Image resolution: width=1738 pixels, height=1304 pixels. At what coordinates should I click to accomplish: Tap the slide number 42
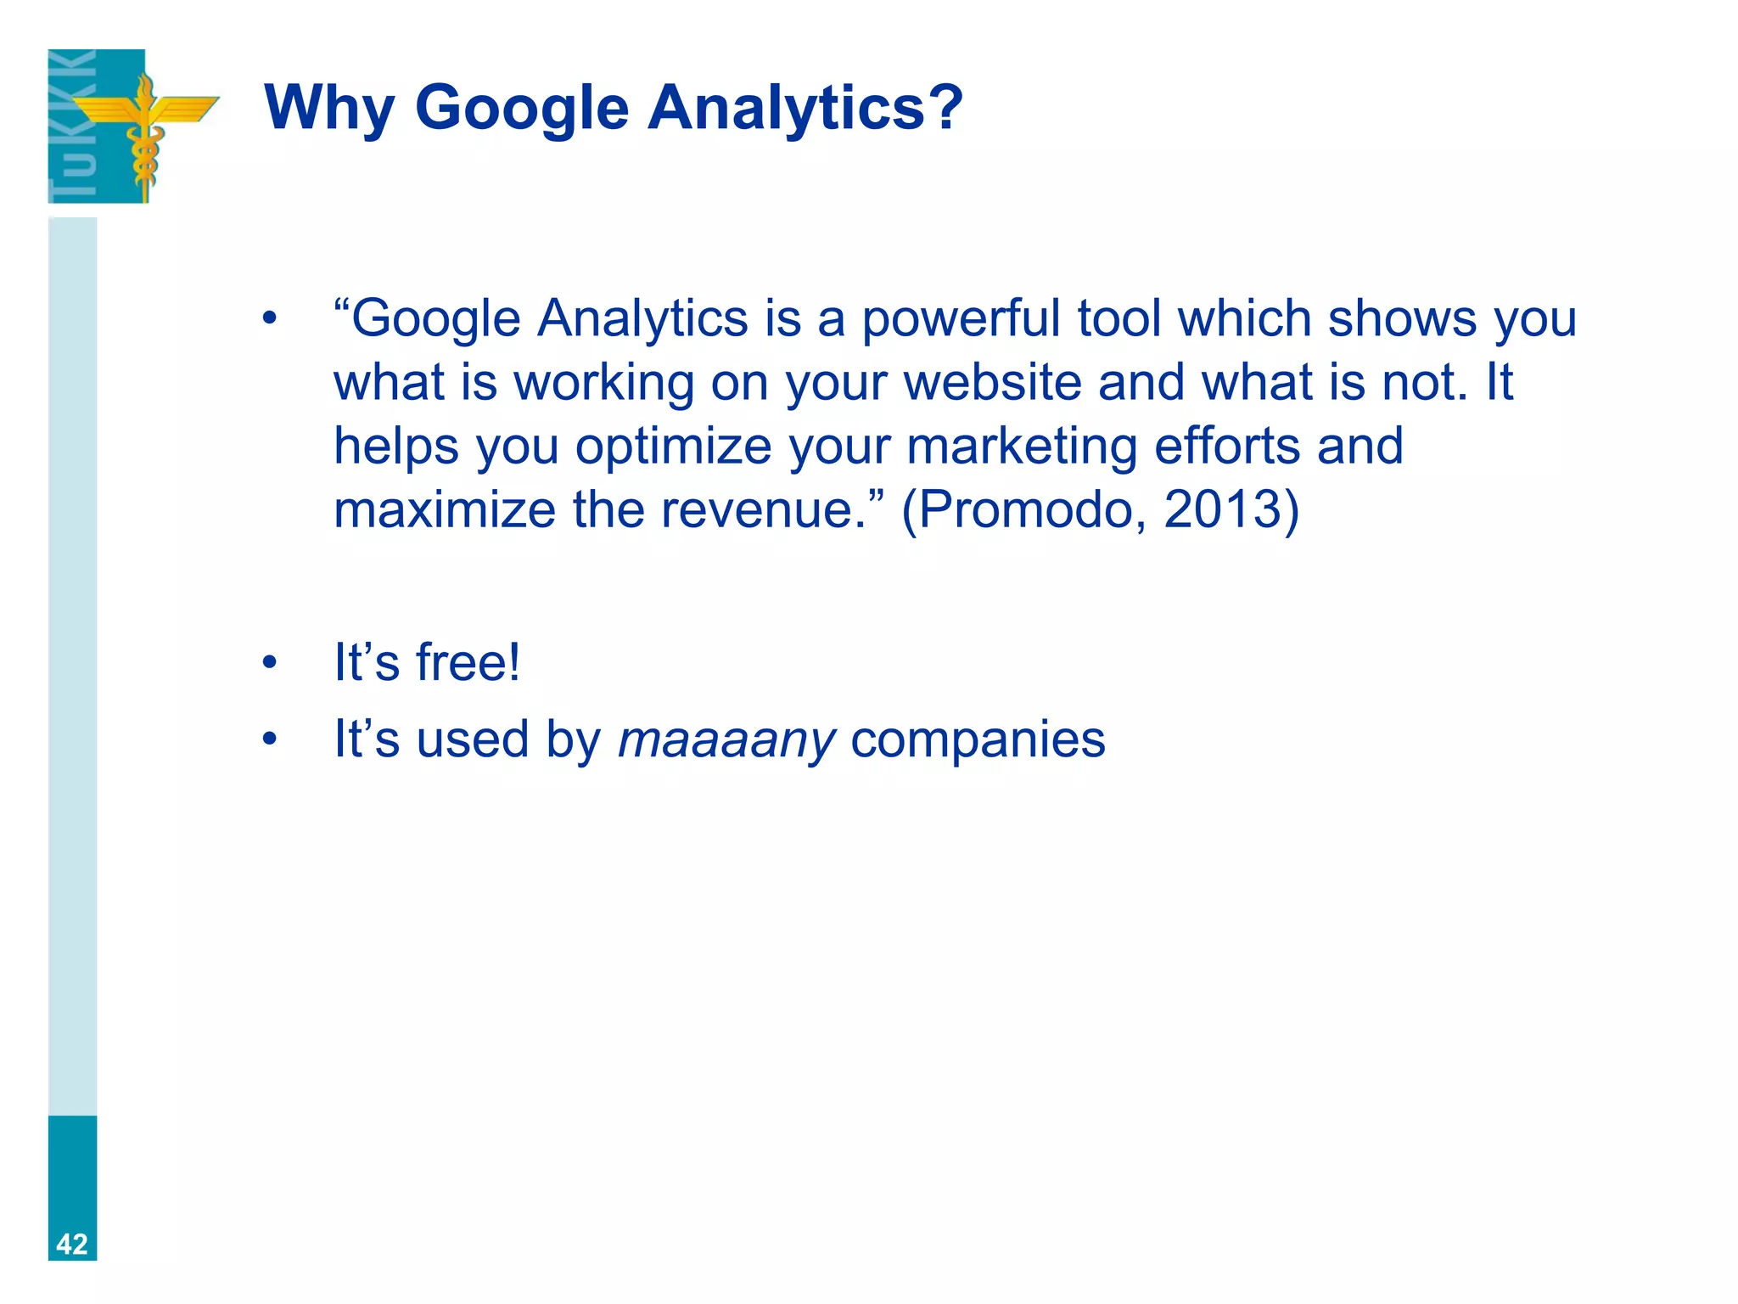pos(72,1244)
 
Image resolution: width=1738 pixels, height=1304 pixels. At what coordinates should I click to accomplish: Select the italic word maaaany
pos(726,740)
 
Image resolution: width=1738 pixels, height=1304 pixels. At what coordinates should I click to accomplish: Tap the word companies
pos(978,740)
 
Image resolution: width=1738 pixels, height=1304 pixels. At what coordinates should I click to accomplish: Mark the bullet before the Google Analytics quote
pos(270,319)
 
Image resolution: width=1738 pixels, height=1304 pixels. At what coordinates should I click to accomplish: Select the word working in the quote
pos(604,384)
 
